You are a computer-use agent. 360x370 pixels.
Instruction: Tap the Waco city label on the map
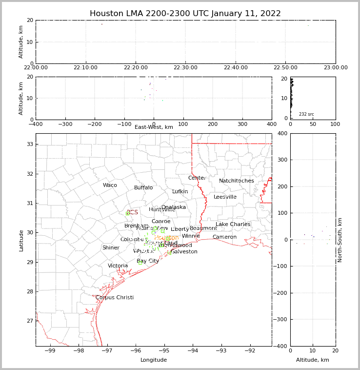(110, 185)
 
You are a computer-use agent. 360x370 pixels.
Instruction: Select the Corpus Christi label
(115, 298)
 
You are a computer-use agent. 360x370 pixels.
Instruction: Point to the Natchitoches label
(237, 181)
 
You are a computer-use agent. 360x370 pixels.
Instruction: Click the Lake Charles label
(233, 225)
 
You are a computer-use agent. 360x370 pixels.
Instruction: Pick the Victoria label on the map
(118, 266)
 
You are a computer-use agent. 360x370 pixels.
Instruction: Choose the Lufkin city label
(180, 192)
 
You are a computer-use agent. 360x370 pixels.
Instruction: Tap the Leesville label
(225, 197)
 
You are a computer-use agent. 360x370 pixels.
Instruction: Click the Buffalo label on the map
(143, 188)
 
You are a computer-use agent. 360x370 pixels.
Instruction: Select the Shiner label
(111, 248)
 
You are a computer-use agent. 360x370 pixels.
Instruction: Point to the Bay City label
(148, 261)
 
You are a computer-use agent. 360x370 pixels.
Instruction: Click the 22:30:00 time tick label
(186, 68)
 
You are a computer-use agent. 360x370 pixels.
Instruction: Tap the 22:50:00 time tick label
(286, 68)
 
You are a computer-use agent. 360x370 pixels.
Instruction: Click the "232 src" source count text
(306, 114)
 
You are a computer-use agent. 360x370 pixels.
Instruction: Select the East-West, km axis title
(154, 127)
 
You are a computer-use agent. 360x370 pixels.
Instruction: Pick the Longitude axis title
(154, 360)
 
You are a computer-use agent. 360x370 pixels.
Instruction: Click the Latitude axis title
(21, 240)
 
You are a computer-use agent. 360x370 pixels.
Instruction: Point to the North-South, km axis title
(340, 240)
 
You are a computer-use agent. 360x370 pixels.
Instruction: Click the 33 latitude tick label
(29, 144)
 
